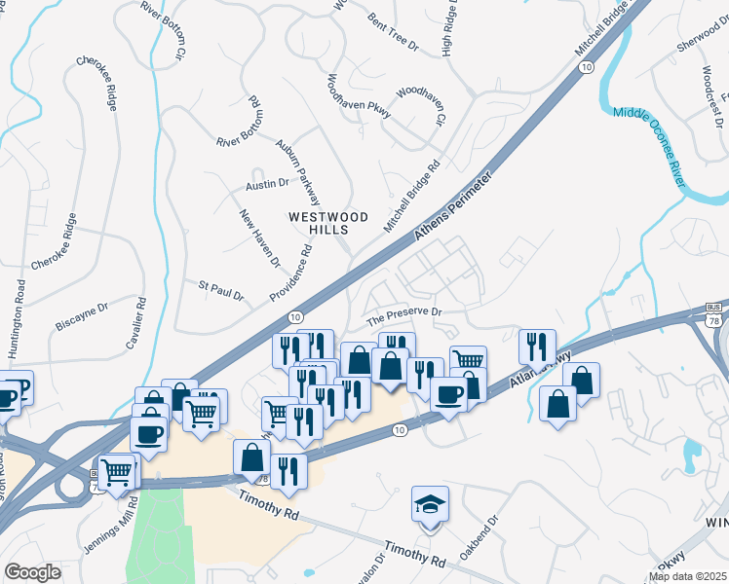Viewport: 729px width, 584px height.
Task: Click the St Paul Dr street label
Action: [x=220, y=289]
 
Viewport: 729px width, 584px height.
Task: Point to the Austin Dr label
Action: [x=267, y=183]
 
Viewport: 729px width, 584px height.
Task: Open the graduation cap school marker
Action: [x=430, y=504]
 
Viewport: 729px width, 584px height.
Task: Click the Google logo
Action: [x=32, y=572]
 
